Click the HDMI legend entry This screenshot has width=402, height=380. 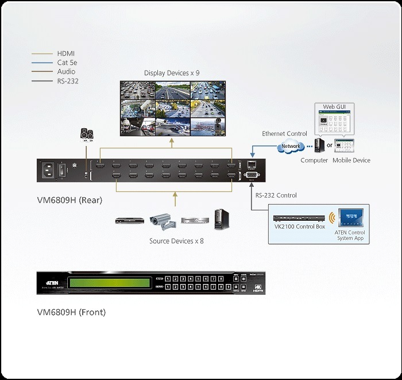click(67, 53)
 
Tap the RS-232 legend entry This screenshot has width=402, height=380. click(68, 81)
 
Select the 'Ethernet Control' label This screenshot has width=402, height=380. click(284, 133)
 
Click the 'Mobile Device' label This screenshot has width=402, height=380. click(351, 160)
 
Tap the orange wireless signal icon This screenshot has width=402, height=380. click(331, 218)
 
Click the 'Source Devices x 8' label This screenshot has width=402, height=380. click(176, 241)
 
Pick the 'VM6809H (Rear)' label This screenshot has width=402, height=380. click(69, 200)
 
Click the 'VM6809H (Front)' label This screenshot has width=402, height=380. click(71, 313)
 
